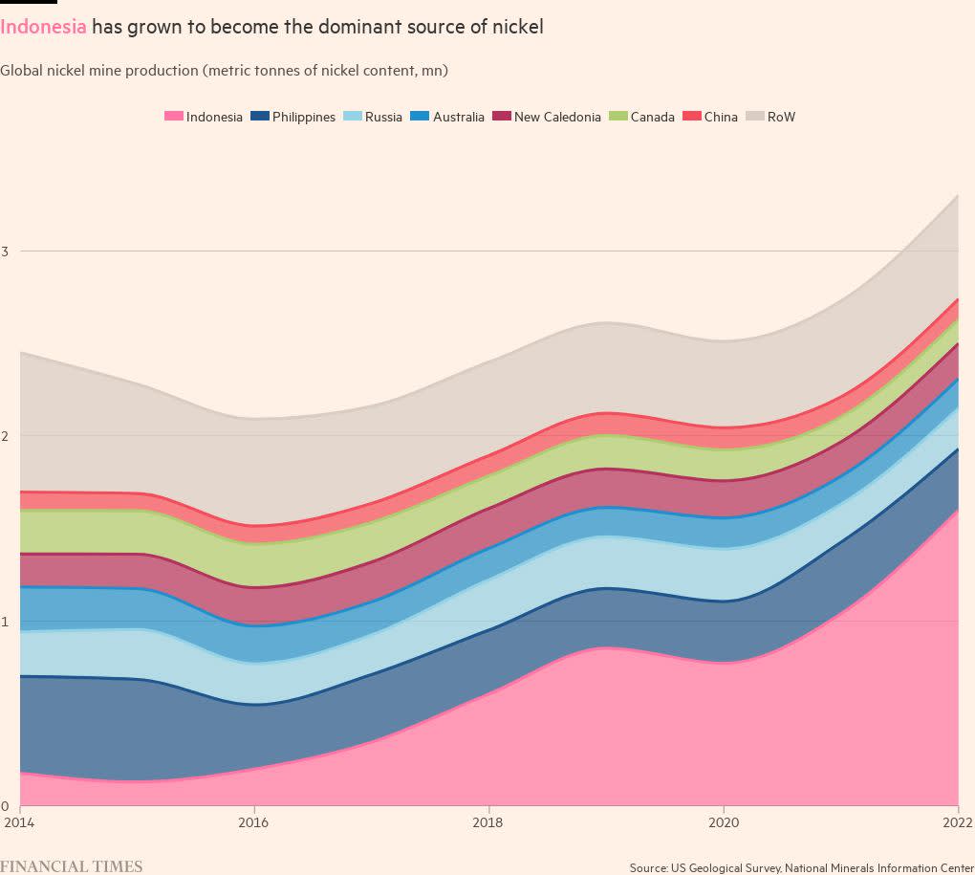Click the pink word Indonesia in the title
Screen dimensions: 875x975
(x=44, y=27)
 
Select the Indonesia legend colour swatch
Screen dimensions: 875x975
(x=173, y=117)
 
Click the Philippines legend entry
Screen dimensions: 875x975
(x=293, y=117)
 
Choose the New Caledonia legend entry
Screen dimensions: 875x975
(x=547, y=117)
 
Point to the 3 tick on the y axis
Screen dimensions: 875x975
(x=5, y=252)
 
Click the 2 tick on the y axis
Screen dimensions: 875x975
(x=5, y=436)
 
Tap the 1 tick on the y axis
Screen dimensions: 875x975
(x=5, y=622)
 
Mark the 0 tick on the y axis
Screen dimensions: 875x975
(x=5, y=806)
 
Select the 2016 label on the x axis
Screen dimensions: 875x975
(x=253, y=822)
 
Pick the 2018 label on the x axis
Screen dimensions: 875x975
(x=488, y=822)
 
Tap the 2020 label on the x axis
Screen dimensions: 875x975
(x=724, y=822)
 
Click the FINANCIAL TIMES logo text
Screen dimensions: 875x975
(x=72, y=866)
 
